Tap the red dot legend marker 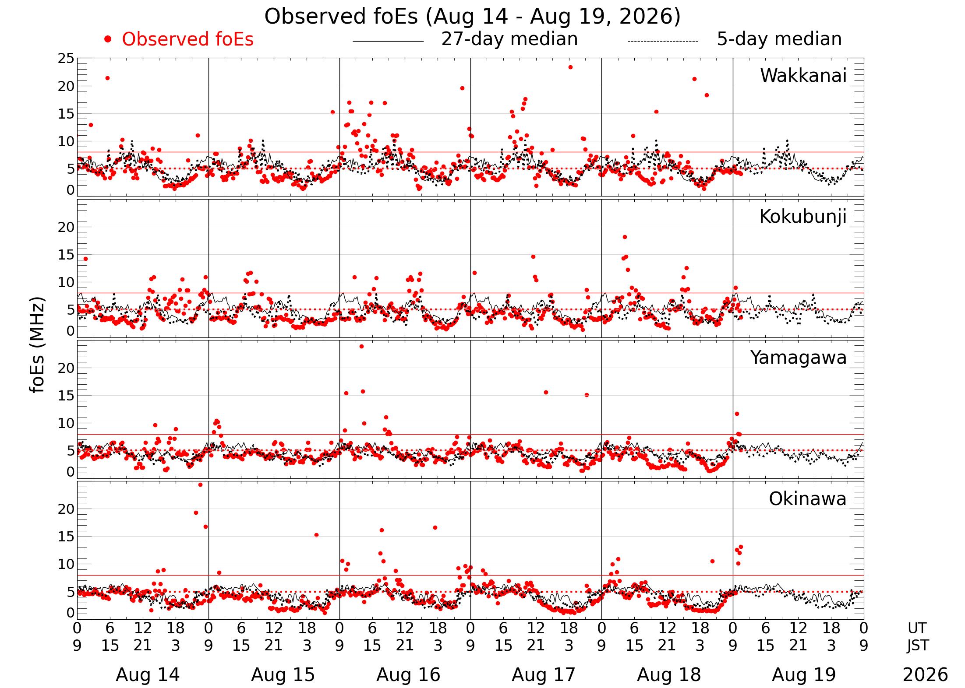point(108,39)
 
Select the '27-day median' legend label point(509,39)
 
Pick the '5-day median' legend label point(779,39)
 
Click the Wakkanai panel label point(803,76)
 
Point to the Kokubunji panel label point(803,217)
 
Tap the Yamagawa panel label point(799,358)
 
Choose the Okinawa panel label point(808,499)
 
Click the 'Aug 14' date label point(148,675)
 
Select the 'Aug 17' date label point(544,675)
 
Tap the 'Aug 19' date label point(804,675)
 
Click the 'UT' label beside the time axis point(917,628)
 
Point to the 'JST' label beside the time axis point(917,646)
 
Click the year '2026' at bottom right point(926,675)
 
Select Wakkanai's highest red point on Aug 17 point(570,67)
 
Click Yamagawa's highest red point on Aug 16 point(361,347)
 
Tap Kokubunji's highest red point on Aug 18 point(625,237)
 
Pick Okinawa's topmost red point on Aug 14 point(200,485)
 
